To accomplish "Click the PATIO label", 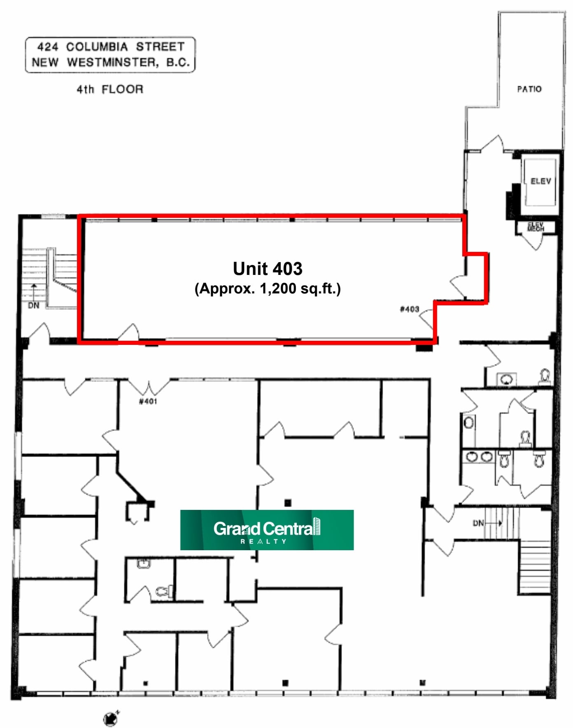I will pos(529,89).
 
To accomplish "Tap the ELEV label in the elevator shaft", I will pos(540,181).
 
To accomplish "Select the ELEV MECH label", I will pos(536,227).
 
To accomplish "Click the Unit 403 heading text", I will pos(268,269).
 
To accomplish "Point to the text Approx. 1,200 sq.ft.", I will pos(268,288).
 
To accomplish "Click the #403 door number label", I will pos(409,309).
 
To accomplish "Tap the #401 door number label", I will pos(148,401).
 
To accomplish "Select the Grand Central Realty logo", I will pos(267,530).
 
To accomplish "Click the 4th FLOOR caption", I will pos(110,89).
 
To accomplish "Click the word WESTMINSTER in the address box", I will pos(112,63).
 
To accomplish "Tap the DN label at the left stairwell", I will pos(33,305).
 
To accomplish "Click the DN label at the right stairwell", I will pos(478,523).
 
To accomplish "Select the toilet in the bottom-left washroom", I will pos(165,592).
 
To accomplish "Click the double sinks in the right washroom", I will pos(479,457).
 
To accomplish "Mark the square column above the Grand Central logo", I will pos(288,502).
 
